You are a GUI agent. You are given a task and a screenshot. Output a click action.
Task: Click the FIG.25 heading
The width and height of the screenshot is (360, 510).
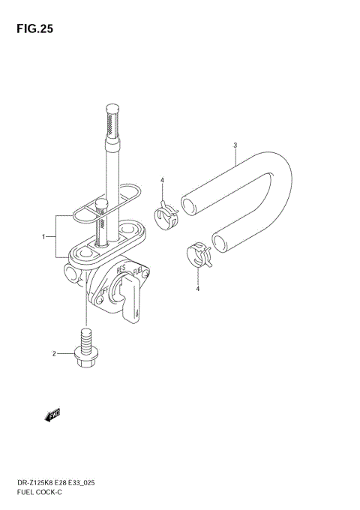tap(34, 29)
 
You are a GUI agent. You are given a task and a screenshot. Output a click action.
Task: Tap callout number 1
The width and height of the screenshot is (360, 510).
tap(43, 237)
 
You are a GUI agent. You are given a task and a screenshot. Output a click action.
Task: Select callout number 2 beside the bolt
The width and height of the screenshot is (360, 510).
tap(54, 353)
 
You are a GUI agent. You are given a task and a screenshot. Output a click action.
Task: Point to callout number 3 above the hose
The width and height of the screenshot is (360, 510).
tap(235, 145)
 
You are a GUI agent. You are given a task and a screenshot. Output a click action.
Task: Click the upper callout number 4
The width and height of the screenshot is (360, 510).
tap(162, 180)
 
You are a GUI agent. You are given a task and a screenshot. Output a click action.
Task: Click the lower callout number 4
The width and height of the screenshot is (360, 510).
tap(198, 289)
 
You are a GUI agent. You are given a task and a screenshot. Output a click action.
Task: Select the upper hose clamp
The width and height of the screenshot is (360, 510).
tap(166, 215)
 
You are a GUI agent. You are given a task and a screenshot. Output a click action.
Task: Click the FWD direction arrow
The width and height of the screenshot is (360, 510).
tap(52, 415)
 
